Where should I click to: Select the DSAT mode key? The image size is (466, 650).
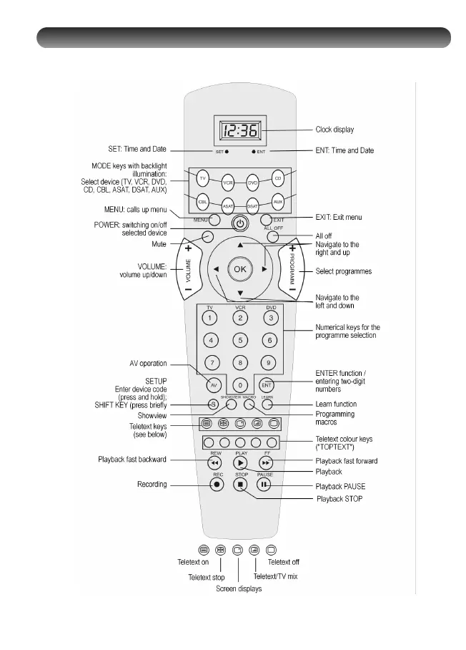252,205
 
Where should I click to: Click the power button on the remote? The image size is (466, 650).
240,223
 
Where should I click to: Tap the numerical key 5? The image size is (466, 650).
241,340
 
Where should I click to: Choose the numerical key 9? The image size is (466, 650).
269,362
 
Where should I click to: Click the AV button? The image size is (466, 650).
212,384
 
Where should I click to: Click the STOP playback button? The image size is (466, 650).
241,484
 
